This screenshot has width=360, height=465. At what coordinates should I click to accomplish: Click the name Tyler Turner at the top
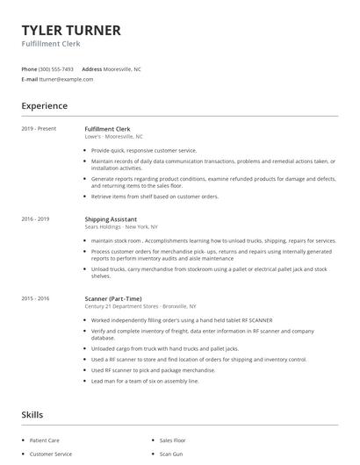pyautogui.click(x=71, y=31)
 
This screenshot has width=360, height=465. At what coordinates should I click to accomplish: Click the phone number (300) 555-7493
pyautogui.click(x=56, y=68)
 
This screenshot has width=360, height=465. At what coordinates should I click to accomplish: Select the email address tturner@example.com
pyautogui.click(x=66, y=79)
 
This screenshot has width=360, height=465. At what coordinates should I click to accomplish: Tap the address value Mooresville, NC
pyautogui.click(x=123, y=68)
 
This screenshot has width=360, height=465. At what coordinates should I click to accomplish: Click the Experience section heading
pyautogui.click(x=45, y=106)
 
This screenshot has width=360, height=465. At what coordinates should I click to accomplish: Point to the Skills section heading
pyautogui.click(x=32, y=414)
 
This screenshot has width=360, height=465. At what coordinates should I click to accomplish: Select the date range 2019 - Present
pyautogui.click(x=39, y=129)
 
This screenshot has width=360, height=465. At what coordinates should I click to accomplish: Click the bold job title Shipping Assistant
pyautogui.click(x=111, y=218)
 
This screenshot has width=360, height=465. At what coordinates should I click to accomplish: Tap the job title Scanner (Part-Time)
pyautogui.click(x=113, y=298)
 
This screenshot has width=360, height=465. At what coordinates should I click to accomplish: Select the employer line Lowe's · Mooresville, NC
pyautogui.click(x=113, y=137)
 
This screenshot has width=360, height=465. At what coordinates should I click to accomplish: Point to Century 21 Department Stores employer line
pyautogui.click(x=140, y=306)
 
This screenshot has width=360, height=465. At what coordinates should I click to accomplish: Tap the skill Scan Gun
pyautogui.click(x=171, y=454)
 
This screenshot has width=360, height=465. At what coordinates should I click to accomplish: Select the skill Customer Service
pyautogui.click(x=50, y=454)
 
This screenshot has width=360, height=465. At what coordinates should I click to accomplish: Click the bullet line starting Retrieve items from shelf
pyautogui.click(x=155, y=197)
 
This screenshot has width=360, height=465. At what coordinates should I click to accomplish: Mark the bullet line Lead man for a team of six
pyautogui.click(x=145, y=381)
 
